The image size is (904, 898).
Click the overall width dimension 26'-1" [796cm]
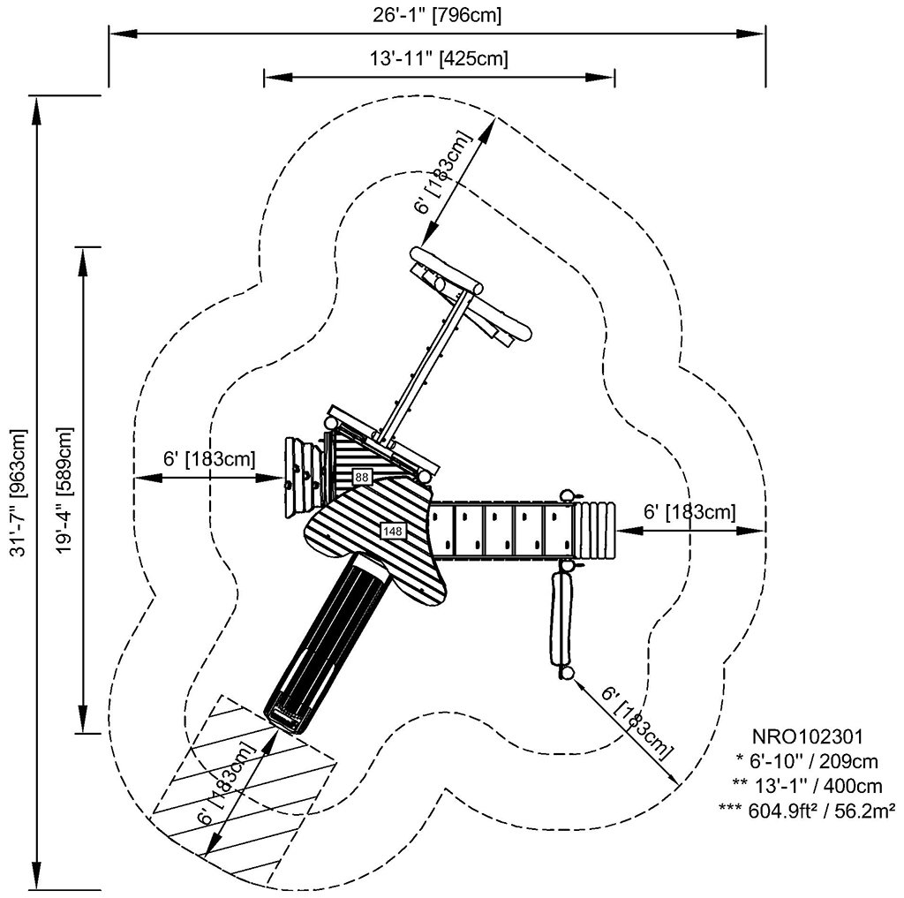[x=438, y=16]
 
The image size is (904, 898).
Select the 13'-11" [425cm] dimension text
[x=438, y=59]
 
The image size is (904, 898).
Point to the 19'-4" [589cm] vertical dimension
[x=63, y=491]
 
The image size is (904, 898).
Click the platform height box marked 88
[x=362, y=477]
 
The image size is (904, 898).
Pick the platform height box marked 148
[x=392, y=531]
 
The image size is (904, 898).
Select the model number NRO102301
[x=806, y=735]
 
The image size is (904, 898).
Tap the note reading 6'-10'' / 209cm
[x=806, y=758]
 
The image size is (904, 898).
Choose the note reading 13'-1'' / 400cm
[x=806, y=783]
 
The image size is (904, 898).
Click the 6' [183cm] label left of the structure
[x=209, y=459]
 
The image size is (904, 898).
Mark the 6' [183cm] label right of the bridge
[x=689, y=511]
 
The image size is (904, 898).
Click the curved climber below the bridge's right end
[x=560, y=622]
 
